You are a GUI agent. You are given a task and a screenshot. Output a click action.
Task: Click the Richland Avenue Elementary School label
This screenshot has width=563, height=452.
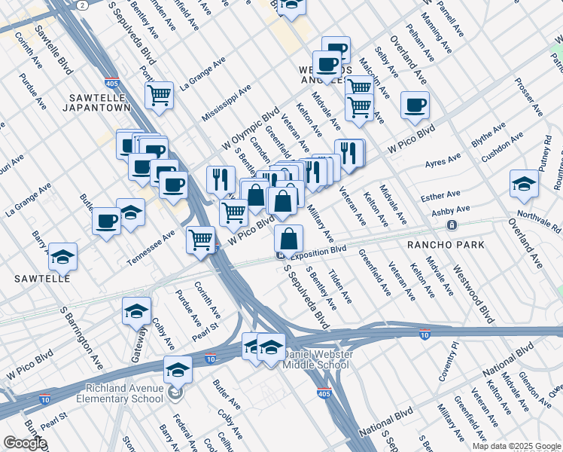(118, 393)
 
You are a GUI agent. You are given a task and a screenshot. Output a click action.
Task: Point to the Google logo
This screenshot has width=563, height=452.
(25, 443)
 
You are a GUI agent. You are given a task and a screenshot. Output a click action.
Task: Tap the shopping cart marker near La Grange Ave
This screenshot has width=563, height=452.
(160, 96)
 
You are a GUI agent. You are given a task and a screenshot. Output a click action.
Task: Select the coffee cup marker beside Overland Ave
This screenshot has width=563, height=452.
(415, 105)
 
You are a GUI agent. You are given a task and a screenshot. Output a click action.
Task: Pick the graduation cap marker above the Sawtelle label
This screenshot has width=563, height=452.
(63, 256)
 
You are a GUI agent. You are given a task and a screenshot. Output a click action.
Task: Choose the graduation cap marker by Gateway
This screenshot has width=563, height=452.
(136, 310)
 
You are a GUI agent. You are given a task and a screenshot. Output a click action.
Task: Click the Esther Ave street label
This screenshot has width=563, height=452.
(442, 197)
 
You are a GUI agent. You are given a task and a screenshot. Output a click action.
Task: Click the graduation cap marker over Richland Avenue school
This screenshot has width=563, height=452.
(178, 370)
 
